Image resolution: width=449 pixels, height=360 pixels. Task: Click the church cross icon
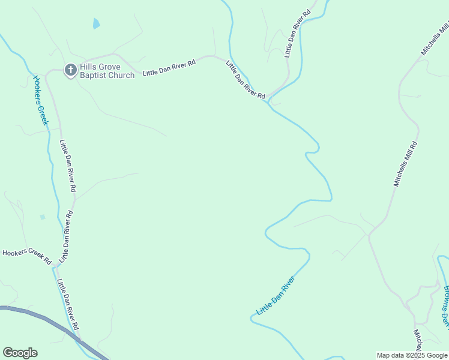pyautogui.click(x=70, y=70)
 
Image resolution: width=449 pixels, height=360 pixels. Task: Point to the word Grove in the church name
pyautogui.click(x=111, y=67)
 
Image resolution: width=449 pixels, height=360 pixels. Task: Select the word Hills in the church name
pyautogui.click(x=90, y=67)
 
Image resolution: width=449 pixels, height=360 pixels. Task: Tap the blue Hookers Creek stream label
pyautogui.click(x=40, y=100)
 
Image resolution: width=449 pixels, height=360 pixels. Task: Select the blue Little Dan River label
pyautogui.click(x=276, y=296)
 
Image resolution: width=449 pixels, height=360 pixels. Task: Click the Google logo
pyautogui.click(x=20, y=353)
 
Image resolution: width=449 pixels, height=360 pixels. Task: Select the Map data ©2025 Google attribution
pyautogui.click(x=412, y=355)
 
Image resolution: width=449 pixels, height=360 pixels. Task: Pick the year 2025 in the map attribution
pyautogui.click(x=415, y=355)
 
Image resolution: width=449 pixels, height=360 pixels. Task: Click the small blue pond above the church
pyautogui.click(x=96, y=24)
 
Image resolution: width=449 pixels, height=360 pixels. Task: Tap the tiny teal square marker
pyautogui.click(x=42, y=217)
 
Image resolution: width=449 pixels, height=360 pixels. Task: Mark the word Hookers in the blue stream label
pyautogui.click(x=38, y=88)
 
